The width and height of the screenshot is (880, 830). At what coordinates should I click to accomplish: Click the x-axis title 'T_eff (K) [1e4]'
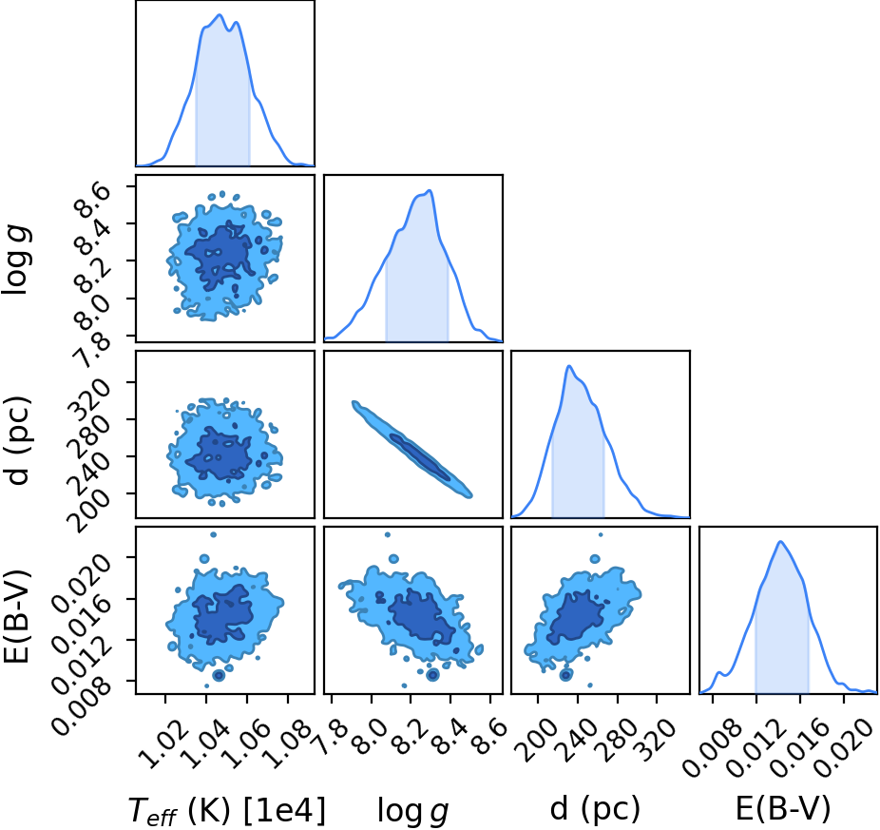point(227,810)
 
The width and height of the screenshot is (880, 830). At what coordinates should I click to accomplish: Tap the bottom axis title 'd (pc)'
point(595,809)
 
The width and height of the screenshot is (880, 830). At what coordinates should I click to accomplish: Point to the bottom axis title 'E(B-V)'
point(782,809)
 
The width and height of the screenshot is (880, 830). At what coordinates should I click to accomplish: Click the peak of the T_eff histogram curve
point(220,14)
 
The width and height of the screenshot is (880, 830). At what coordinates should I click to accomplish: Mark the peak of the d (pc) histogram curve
point(569,366)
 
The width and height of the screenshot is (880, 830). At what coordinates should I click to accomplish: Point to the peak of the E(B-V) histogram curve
point(780,541)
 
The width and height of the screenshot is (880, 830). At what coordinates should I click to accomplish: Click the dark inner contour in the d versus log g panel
point(420,456)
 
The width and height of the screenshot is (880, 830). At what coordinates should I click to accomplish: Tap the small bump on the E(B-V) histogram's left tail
point(719,672)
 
